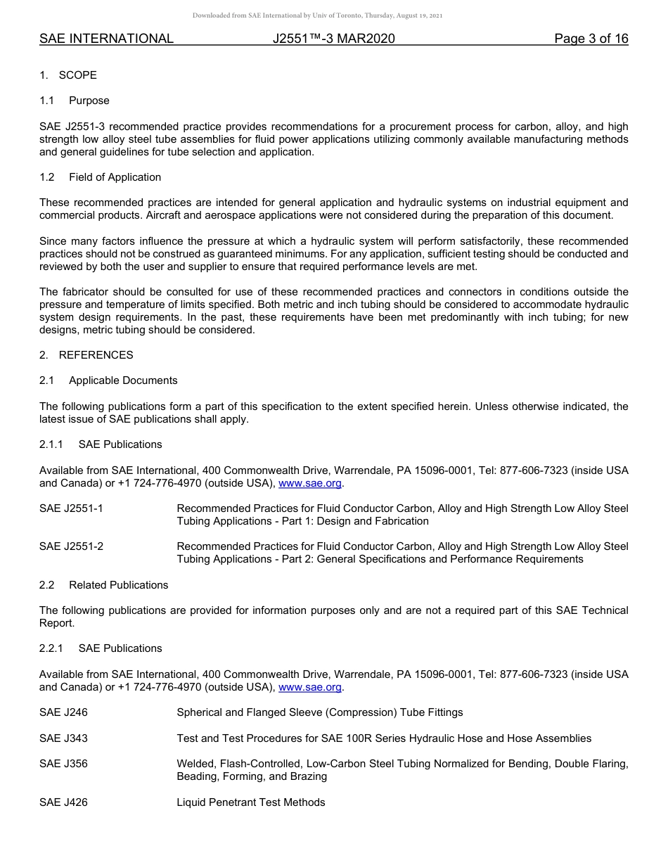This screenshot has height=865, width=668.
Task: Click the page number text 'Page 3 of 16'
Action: (x=591, y=39)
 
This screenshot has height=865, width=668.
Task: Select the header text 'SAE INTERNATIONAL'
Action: (x=106, y=39)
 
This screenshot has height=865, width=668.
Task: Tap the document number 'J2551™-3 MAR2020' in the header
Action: (x=333, y=39)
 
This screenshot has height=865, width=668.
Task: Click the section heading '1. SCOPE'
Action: (x=68, y=75)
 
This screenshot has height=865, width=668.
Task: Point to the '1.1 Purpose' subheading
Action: (x=75, y=101)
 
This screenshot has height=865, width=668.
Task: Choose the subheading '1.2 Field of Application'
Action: (x=100, y=177)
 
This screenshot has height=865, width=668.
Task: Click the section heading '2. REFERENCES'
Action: (x=86, y=355)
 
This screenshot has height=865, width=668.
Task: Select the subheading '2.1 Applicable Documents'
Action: (x=108, y=380)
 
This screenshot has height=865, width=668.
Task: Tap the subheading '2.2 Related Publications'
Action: (x=103, y=585)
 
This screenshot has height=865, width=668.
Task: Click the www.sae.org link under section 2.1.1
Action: (x=310, y=483)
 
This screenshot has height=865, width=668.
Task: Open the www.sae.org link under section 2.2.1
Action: (x=310, y=687)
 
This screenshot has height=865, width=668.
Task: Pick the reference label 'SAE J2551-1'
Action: (x=71, y=508)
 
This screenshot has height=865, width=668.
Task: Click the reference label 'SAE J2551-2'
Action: (x=71, y=546)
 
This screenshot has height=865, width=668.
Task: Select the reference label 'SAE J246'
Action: (x=63, y=712)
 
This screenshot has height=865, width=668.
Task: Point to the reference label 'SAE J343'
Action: (x=63, y=738)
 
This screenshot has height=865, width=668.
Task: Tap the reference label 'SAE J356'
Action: (x=63, y=764)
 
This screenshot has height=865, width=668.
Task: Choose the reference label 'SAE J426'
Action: (x=63, y=802)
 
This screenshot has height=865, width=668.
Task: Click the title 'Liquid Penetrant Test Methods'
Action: (x=251, y=802)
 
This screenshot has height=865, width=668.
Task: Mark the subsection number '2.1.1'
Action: (x=51, y=444)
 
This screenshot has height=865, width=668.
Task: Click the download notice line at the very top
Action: (x=317, y=15)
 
